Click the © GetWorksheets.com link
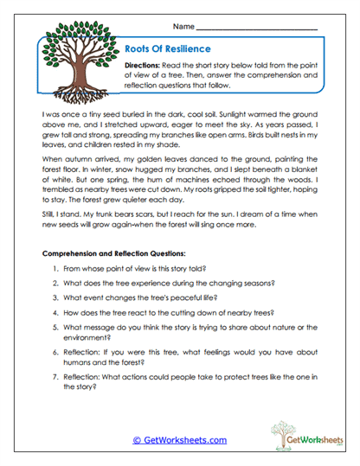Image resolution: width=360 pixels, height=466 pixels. pos(179,439)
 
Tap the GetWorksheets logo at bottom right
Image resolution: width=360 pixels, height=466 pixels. pos(300,437)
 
